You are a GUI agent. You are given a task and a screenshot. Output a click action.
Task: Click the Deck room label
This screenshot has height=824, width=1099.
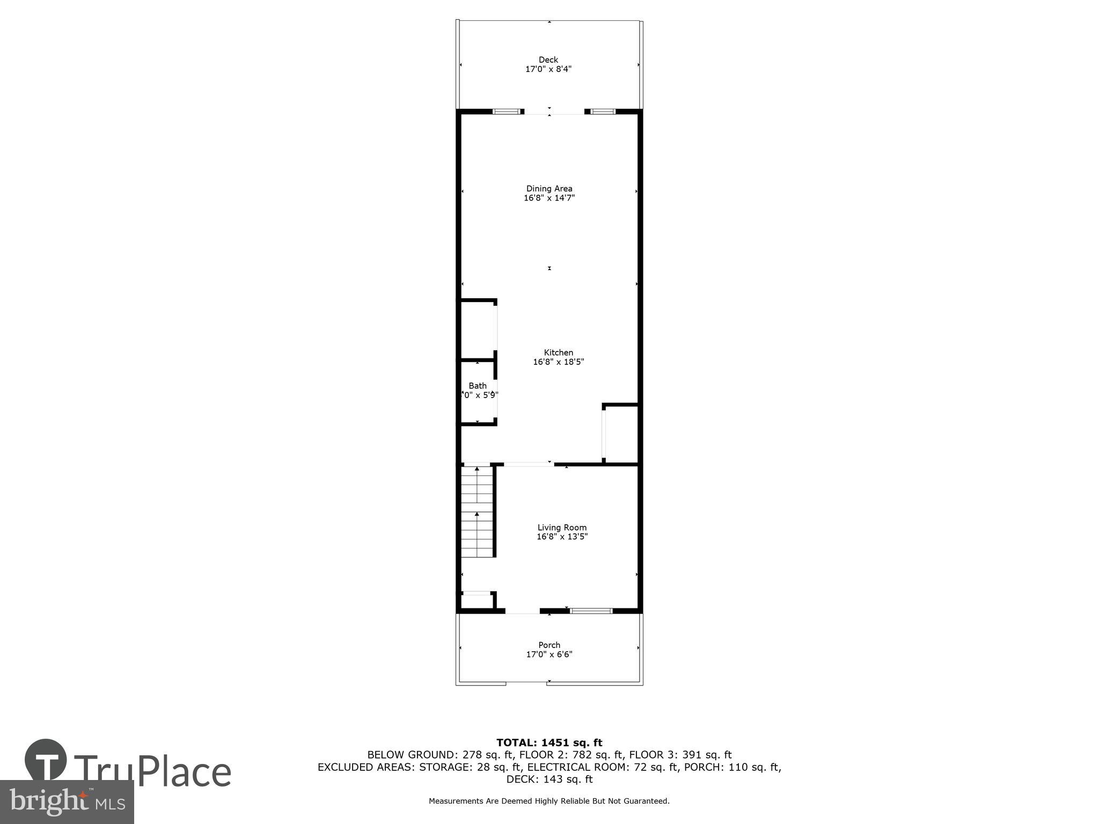pyautogui.click(x=548, y=60)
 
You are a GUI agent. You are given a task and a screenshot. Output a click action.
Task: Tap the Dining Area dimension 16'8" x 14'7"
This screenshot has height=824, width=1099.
pyautogui.click(x=549, y=198)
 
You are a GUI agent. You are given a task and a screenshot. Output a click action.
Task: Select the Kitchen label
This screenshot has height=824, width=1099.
pyautogui.click(x=558, y=352)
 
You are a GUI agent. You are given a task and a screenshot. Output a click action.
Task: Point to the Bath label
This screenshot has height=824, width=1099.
pyautogui.click(x=478, y=386)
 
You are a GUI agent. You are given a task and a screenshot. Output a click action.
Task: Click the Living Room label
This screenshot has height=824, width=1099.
pyautogui.click(x=562, y=527)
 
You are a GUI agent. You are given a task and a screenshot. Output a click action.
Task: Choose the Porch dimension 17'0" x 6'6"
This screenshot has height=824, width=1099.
pyautogui.click(x=549, y=654)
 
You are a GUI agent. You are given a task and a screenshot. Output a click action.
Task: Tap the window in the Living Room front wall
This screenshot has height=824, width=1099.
pyautogui.click(x=590, y=610)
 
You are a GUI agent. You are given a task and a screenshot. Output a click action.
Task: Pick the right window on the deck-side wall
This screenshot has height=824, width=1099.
pyautogui.click(x=602, y=112)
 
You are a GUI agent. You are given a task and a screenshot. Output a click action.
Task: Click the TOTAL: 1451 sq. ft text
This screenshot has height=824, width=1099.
pyautogui.click(x=549, y=742)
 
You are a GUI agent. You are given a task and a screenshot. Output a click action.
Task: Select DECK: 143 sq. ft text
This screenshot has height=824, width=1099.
pyautogui.click(x=549, y=779)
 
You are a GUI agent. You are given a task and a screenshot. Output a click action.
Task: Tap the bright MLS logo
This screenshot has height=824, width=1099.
pyautogui.click(x=67, y=801)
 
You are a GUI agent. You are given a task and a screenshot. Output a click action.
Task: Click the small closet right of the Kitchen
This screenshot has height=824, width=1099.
pyautogui.click(x=621, y=433)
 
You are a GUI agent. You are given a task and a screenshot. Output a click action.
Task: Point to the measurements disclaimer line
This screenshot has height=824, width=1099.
pyautogui.click(x=549, y=801)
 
